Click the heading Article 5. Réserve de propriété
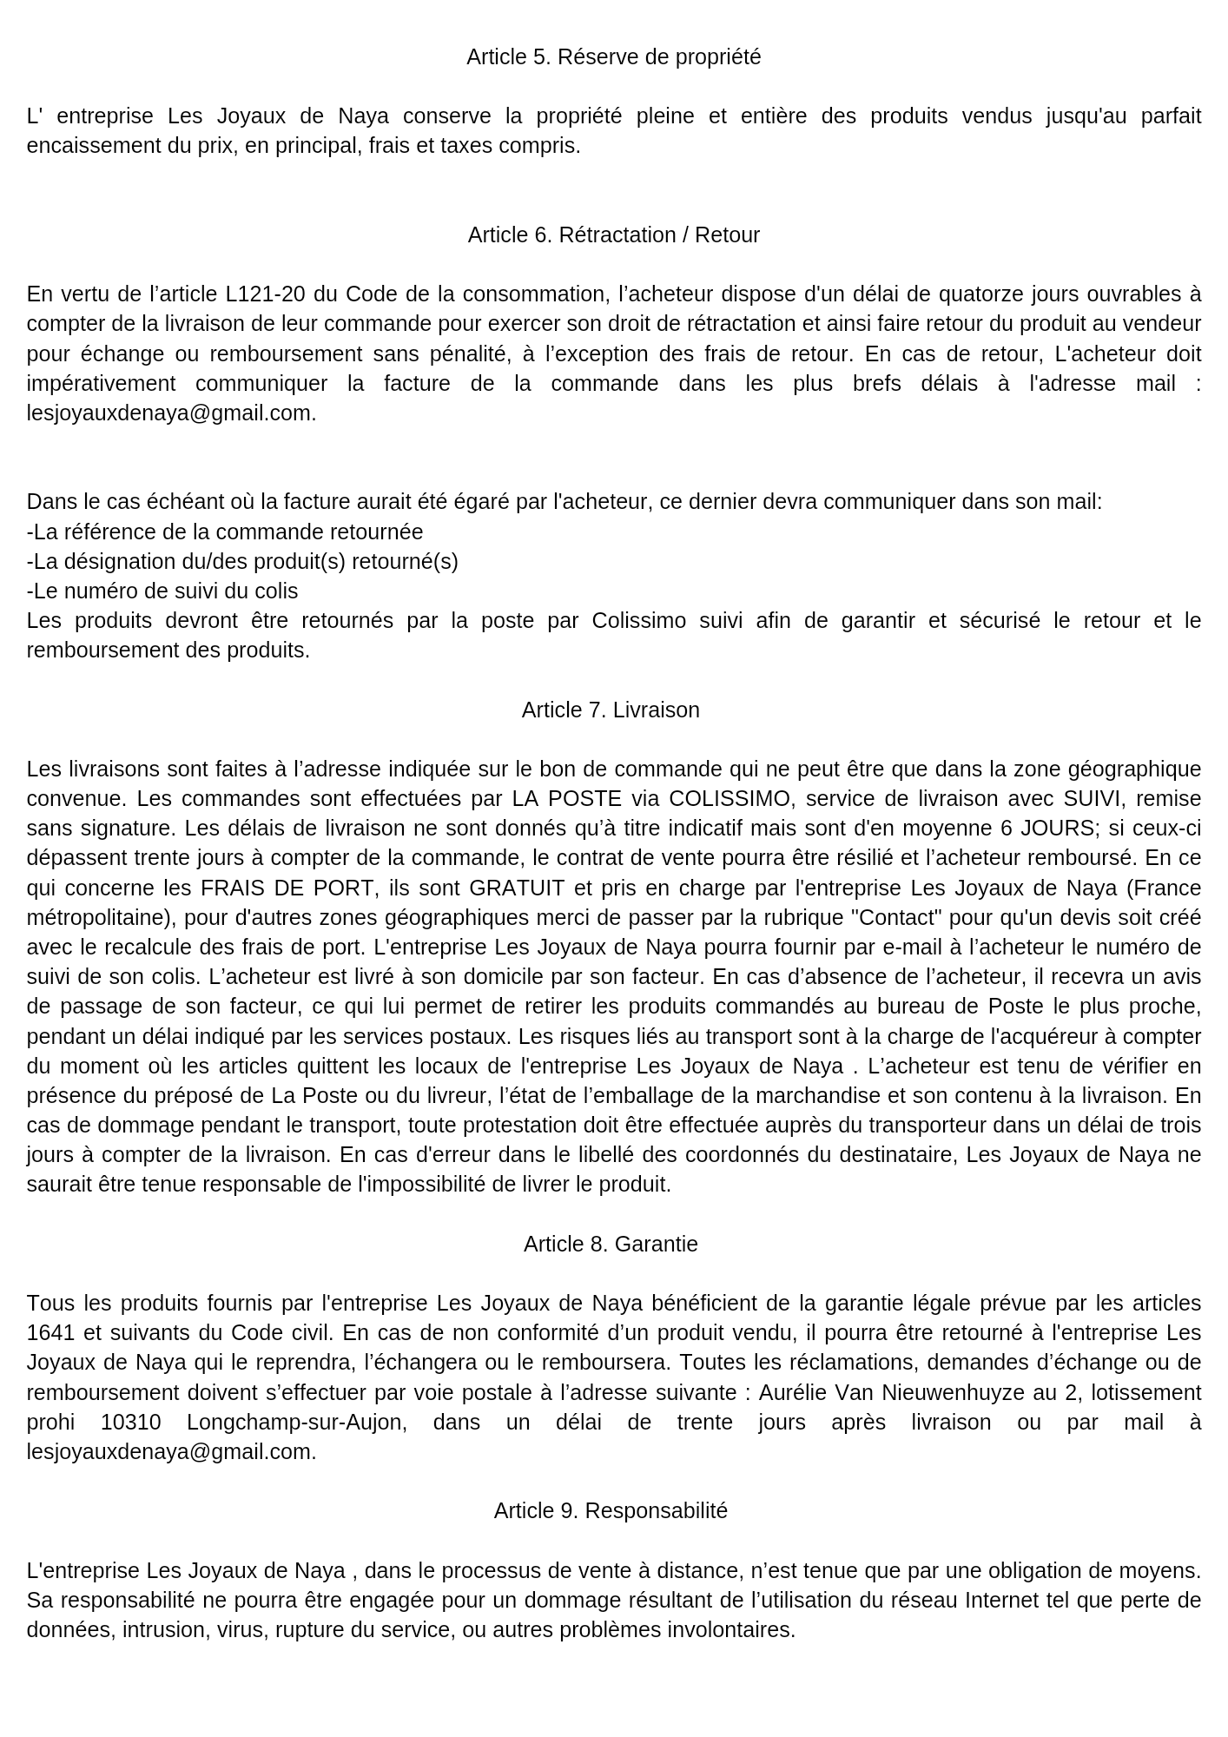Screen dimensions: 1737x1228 [x=613, y=57]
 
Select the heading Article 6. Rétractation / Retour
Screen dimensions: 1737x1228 [x=613, y=235]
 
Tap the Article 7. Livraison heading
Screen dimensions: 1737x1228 [x=611, y=710]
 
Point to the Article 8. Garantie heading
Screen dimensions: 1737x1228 [x=611, y=1245]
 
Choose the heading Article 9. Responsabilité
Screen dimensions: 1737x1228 [x=611, y=1511]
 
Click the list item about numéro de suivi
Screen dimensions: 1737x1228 [x=162, y=591]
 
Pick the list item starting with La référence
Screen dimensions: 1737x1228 [x=225, y=532]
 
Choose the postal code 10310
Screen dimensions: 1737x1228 [x=130, y=1423]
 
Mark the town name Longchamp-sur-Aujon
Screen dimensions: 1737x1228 [x=297, y=1423]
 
